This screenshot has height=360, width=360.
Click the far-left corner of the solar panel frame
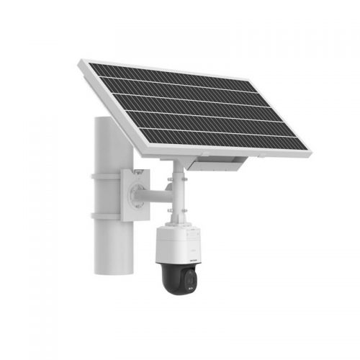79,66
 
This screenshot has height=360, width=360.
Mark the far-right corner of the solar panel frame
310,153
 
